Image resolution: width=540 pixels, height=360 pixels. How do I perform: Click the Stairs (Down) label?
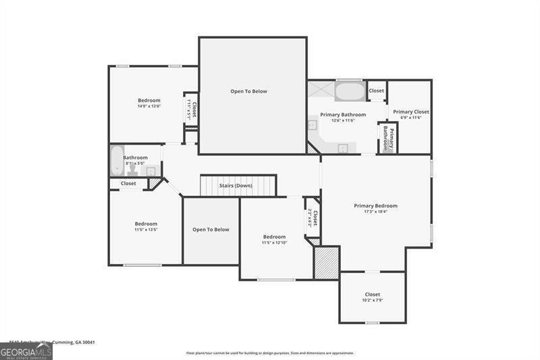[x=235, y=186]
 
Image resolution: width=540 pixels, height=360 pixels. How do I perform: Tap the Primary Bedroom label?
[x=376, y=205]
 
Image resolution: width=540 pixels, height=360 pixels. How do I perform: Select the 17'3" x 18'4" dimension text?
[x=376, y=212]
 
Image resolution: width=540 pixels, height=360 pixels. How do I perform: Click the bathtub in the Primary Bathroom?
[x=349, y=91]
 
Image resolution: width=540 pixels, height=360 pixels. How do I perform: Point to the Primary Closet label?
[x=411, y=111]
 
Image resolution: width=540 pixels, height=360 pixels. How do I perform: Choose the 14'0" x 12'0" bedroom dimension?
[x=149, y=106]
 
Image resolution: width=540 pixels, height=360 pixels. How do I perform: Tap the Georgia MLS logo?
[x=26, y=351]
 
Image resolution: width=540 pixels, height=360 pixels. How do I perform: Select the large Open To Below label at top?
[x=248, y=91]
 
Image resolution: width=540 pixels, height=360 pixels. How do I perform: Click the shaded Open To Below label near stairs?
[x=211, y=230]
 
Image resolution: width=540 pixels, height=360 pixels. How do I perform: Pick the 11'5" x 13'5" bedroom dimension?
[x=146, y=230]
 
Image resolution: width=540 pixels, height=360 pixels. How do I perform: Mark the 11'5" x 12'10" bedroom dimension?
[x=274, y=242]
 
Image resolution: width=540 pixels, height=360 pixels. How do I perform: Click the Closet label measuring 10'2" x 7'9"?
[x=373, y=294]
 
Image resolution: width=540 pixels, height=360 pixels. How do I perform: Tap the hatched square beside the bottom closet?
[x=327, y=263]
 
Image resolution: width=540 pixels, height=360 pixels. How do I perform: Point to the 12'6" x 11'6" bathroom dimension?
[x=343, y=120]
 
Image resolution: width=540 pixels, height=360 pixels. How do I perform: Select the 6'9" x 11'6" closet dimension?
[x=411, y=118]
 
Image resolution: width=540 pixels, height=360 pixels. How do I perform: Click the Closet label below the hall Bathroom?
[x=128, y=183]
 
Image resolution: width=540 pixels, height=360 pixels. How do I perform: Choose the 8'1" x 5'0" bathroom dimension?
[x=135, y=163]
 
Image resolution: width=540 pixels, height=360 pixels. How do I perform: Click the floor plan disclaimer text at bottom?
[x=270, y=353]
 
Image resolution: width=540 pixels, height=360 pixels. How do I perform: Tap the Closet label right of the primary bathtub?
[x=377, y=90]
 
